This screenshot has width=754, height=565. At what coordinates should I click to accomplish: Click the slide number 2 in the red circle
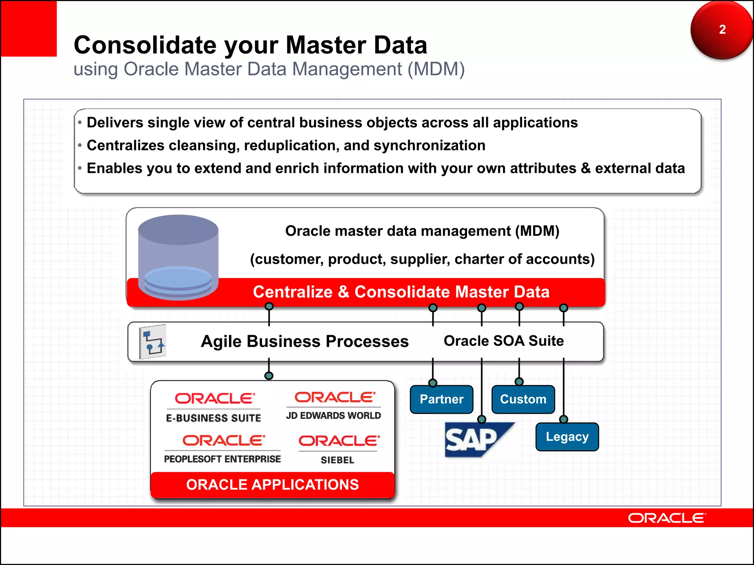click(x=722, y=29)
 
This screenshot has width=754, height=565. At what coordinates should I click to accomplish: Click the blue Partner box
click(x=441, y=399)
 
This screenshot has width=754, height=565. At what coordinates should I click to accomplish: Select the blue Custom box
click(x=523, y=399)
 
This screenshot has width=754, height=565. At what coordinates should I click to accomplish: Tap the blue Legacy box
click(x=567, y=437)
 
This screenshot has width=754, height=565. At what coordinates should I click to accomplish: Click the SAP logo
click(x=475, y=440)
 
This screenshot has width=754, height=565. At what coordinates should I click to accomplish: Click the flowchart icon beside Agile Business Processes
click(x=153, y=342)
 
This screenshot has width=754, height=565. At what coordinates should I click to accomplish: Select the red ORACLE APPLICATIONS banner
click(x=272, y=485)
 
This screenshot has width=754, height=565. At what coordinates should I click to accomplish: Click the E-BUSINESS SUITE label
click(x=214, y=418)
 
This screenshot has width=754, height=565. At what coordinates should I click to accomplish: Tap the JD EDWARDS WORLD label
click(x=334, y=416)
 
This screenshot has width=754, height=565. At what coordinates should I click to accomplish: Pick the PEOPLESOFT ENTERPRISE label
click(x=222, y=459)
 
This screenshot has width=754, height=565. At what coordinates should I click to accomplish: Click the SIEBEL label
click(x=337, y=460)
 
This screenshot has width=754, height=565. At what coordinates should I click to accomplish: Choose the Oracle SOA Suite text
click(x=504, y=341)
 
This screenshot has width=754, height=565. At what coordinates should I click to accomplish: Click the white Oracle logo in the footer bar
click(x=667, y=518)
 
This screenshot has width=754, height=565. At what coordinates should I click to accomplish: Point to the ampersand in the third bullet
click(x=585, y=168)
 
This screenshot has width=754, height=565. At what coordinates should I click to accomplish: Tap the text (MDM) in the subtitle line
click(x=436, y=69)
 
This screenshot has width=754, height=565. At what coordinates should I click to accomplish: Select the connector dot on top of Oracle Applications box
click(x=269, y=376)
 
